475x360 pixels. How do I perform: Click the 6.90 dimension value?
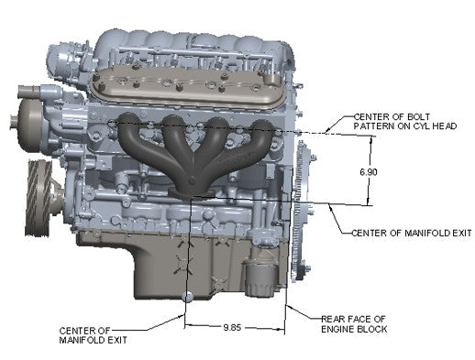coord(369,172)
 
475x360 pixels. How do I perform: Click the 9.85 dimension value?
coord(232,328)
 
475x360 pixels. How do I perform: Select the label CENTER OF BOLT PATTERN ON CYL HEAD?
coord(405,121)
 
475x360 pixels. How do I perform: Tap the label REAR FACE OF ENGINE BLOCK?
coord(354,324)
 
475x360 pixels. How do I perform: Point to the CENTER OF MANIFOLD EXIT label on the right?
coord(412,233)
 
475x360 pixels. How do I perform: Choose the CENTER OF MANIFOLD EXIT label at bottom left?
coord(93,335)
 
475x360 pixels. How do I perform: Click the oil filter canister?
coord(259,280)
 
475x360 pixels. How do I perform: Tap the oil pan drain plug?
coord(187,296)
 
